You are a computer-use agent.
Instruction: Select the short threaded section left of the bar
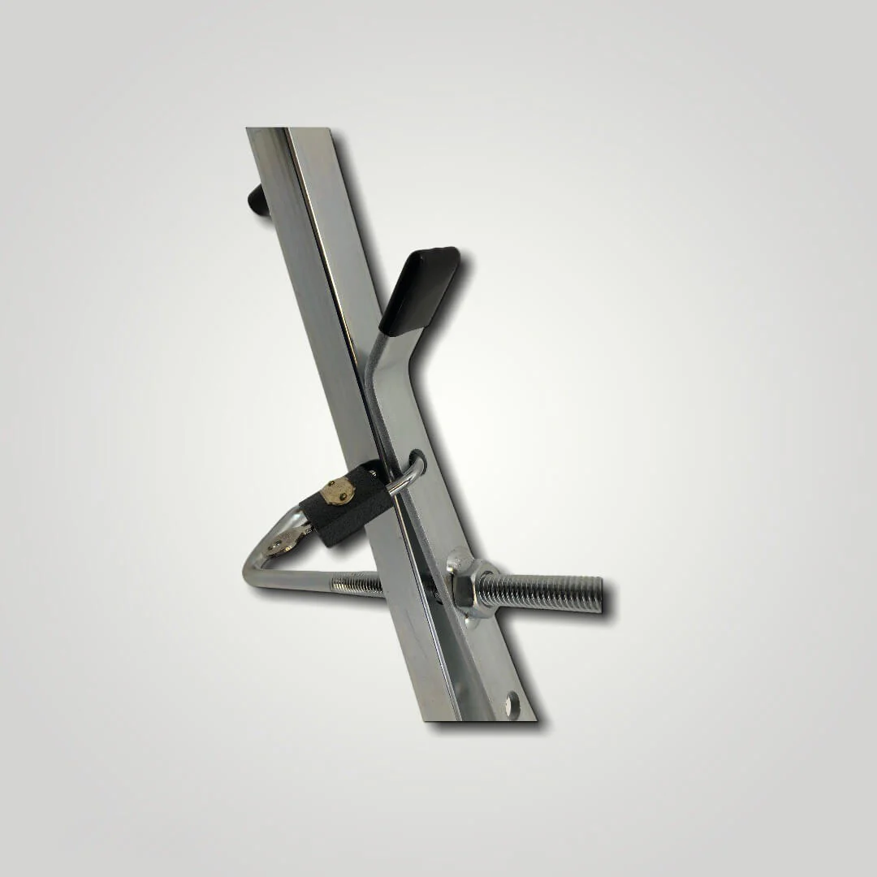click(357, 582)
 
